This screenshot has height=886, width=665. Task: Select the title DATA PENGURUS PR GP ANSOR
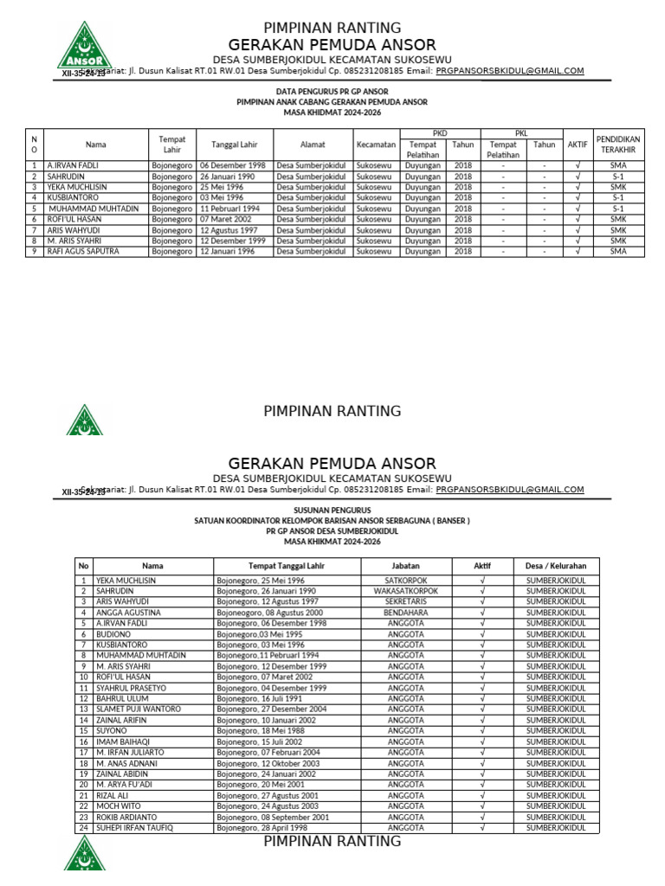point(332,91)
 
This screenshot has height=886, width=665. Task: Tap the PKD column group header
point(440,133)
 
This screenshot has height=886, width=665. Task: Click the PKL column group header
point(521,133)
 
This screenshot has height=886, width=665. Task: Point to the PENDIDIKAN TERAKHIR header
point(618,144)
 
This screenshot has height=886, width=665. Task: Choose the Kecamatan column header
point(376,144)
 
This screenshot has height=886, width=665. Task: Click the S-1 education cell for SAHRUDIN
point(618,176)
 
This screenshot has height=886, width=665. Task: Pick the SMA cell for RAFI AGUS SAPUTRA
point(618,251)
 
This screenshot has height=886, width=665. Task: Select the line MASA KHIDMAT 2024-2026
point(332,112)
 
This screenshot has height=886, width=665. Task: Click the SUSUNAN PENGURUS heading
point(332,511)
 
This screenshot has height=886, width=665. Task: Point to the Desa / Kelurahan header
point(556,565)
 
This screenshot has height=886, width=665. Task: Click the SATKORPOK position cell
point(406,580)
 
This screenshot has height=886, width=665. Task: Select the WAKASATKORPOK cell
point(406,591)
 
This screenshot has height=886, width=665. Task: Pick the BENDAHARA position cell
point(406,612)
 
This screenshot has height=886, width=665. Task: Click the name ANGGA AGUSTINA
point(128,612)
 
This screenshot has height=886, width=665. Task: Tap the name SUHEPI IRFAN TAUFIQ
point(134,827)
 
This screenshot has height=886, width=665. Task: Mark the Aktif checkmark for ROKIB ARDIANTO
point(482,817)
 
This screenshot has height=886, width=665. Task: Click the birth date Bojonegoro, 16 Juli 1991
point(259,698)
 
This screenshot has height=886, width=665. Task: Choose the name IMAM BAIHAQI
point(123,742)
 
